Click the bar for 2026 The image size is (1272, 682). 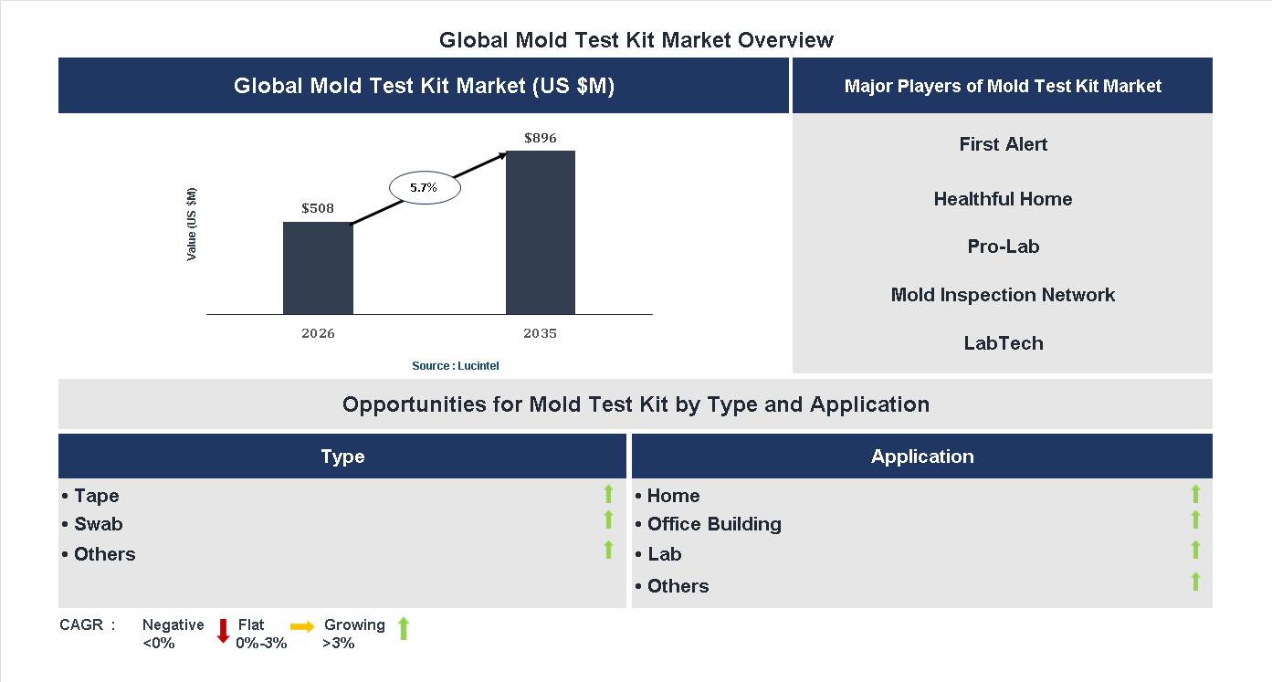318,268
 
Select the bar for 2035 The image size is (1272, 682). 541,232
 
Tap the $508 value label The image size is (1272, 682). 318,208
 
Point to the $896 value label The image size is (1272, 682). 541,138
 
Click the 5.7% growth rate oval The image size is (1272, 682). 425,187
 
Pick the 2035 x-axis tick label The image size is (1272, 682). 541,333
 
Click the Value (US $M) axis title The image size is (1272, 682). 192,224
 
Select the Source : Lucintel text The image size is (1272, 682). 455,366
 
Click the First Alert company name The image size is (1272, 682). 1003,144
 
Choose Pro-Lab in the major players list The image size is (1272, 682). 1003,247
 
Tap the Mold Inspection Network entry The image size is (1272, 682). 1003,295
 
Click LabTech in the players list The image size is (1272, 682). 1003,343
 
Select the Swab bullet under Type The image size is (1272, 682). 98,524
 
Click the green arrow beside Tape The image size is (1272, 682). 608,494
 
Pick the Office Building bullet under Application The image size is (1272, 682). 713,524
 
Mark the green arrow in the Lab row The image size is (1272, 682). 1195,550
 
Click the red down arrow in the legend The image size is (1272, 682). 223,631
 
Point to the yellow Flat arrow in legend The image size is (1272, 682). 302,626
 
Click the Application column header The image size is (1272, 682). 921,456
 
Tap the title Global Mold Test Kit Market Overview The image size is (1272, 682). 636,40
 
